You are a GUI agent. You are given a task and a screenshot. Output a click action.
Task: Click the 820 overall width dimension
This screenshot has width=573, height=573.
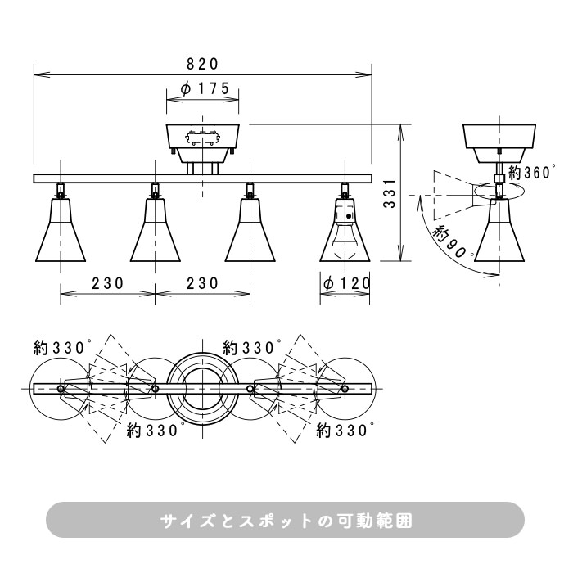click(202, 65)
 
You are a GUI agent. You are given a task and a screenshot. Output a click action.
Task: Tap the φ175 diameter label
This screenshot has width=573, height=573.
click(205, 88)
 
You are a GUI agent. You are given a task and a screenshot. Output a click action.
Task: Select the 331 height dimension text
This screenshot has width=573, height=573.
click(390, 193)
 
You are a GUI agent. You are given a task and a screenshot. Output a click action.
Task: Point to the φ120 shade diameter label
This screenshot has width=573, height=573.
click(347, 283)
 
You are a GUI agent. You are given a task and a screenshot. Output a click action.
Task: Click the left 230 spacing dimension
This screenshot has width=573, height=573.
click(107, 283)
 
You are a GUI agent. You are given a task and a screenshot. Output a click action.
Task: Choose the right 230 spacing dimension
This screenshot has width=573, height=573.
click(202, 283)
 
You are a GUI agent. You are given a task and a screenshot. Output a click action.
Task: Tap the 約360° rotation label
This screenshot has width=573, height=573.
click(532, 172)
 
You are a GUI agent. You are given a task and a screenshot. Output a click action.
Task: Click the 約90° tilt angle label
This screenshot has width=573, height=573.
click(453, 241)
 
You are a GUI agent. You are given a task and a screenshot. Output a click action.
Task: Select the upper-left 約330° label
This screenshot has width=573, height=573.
click(62, 348)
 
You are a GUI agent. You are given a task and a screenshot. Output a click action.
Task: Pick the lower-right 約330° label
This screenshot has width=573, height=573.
click(345, 431)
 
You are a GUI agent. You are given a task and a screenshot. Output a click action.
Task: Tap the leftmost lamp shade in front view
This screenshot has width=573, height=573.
click(61, 230)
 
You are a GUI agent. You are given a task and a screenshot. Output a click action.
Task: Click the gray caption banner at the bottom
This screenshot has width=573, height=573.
click(285, 519)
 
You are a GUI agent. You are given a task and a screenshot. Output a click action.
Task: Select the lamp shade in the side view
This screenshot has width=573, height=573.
click(499, 230)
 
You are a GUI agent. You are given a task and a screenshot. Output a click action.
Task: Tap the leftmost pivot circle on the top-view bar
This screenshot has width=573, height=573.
click(61, 388)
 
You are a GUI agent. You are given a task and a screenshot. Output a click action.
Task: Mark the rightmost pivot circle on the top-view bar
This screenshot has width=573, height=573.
click(345, 388)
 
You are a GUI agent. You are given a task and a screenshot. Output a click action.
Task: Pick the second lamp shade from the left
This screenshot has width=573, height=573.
click(156, 230)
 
